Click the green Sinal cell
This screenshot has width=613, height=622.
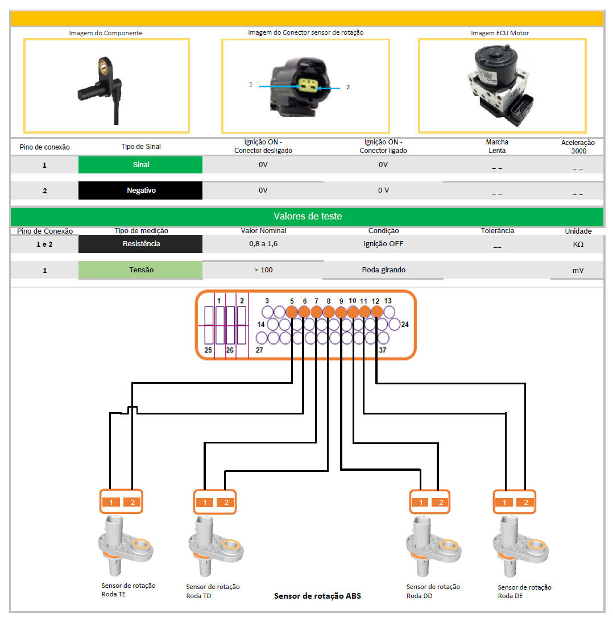[140, 164]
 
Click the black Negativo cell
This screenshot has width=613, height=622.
[140, 190]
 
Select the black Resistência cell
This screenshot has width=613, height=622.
[140, 244]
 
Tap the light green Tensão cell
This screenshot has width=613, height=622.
[140, 270]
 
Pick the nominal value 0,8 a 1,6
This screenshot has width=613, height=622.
[263, 244]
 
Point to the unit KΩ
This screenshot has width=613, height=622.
[578, 244]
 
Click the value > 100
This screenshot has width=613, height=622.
[263, 269]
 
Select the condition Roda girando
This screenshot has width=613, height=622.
[383, 270]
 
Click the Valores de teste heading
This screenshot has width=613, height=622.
[307, 217]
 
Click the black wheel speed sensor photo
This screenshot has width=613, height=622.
[105, 85]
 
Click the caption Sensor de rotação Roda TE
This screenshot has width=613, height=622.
[128, 590]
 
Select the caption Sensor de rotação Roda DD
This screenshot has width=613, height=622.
[433, 591]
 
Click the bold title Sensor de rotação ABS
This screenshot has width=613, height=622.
[317, 596]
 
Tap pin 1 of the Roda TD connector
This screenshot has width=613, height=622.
[205, 503]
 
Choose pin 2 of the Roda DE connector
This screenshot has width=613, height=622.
[525, 502]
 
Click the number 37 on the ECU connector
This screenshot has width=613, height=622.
[382, 350]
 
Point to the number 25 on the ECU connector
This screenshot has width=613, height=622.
[208, 350]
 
